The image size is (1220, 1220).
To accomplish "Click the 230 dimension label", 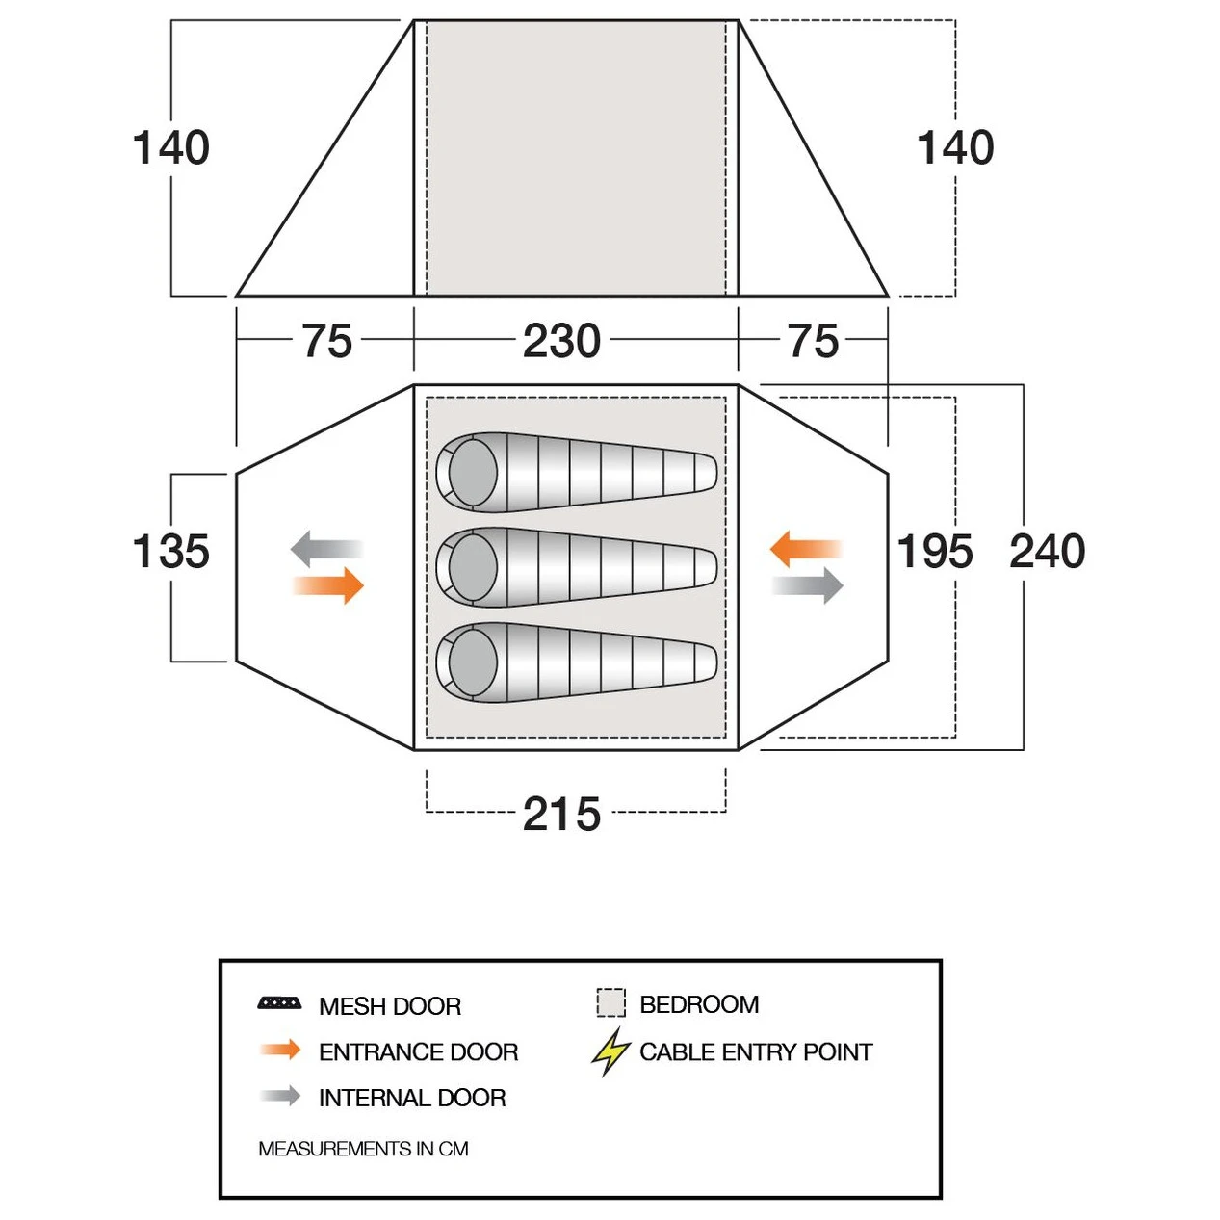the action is [561, 341].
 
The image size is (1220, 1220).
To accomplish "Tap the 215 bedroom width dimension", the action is [561, 814].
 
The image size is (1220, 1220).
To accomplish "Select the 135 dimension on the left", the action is [171, 550].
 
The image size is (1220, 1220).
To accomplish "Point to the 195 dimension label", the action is [934, 551].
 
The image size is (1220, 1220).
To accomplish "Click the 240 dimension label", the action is [1048, 551].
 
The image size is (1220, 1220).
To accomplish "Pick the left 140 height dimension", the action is [171, 147].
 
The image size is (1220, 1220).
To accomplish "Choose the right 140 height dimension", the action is [955, 147].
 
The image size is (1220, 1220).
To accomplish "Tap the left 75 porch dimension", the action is [326, 341].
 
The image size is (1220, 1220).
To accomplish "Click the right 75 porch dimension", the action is [813, 341].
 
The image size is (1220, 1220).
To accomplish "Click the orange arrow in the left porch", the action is [328, 585].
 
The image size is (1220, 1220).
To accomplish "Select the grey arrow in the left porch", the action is [326, 549].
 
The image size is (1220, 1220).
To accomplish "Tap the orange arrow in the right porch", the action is [805, 549].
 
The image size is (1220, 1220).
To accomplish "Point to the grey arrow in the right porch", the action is [808, 585].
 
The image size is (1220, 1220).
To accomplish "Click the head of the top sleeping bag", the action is [473, 472].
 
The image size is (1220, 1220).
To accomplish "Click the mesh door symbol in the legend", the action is [279, 1003].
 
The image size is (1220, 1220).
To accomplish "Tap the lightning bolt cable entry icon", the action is [610, 1052].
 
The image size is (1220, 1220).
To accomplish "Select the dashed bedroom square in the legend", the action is [610, 1002].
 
